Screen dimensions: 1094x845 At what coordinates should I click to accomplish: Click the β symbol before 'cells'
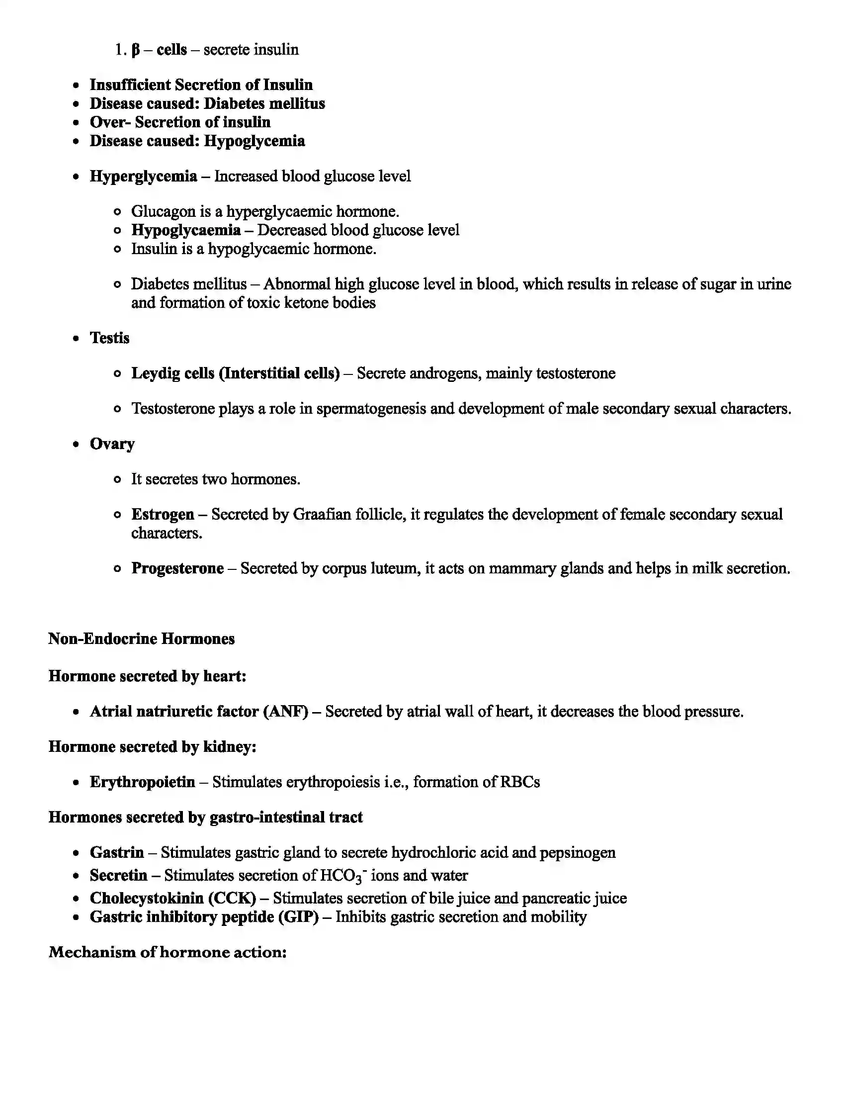135,50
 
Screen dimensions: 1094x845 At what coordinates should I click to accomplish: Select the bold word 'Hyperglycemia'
143,177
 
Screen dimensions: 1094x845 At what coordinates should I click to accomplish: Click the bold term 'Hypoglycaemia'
186,230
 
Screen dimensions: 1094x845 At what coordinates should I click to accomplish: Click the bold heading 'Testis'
110,338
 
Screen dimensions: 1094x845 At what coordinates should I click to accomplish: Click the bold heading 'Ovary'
112,444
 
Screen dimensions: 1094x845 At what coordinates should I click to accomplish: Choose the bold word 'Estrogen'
163,515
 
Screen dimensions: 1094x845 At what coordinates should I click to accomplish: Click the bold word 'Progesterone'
177,568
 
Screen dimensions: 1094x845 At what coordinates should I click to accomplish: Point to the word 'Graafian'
322,515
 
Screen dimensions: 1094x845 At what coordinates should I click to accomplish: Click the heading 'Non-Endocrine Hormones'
141,639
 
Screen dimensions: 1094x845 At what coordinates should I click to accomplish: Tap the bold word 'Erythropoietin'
142,782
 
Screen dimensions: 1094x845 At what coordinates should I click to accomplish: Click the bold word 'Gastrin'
117,853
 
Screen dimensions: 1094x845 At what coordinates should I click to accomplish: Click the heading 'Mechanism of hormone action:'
167,952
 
